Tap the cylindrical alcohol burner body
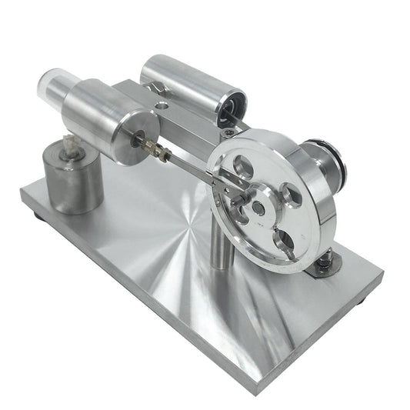click(73, 181)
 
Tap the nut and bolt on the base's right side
click(325, 262)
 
